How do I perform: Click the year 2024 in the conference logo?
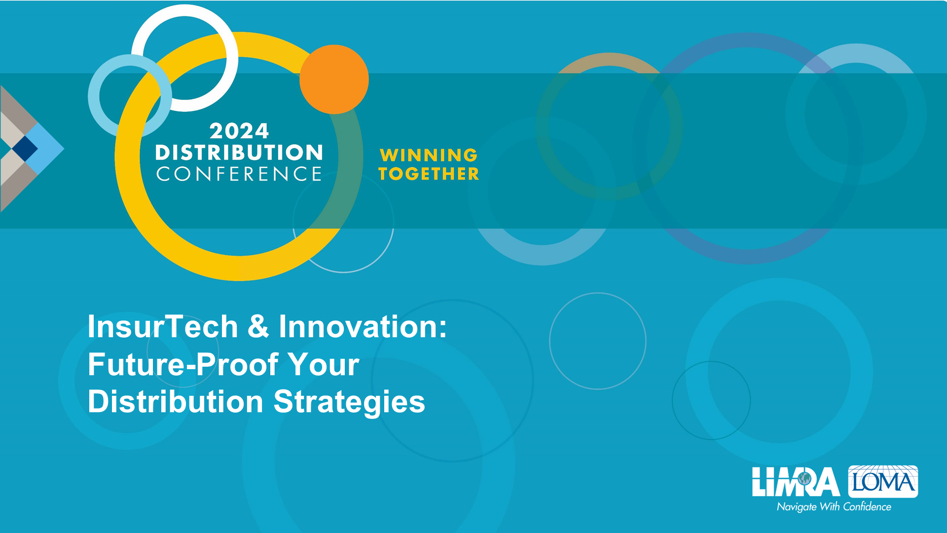(x=239, y=131)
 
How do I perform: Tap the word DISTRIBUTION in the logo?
(x=239, y=152)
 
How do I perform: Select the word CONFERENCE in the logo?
(x=239, y=174)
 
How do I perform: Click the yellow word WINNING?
(x=429, y=155)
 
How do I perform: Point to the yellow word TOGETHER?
(x=429, y=174)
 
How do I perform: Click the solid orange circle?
(x=334, y=79)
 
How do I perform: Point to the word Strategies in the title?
(x=349, y=402)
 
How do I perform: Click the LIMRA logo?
(x=796, y=482)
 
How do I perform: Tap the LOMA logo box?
(x=883, y=481)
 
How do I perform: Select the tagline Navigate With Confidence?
(x=834, y=507)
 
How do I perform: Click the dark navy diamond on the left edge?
(x=25, y=148)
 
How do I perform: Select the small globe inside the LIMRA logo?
(x=804, y=478)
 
